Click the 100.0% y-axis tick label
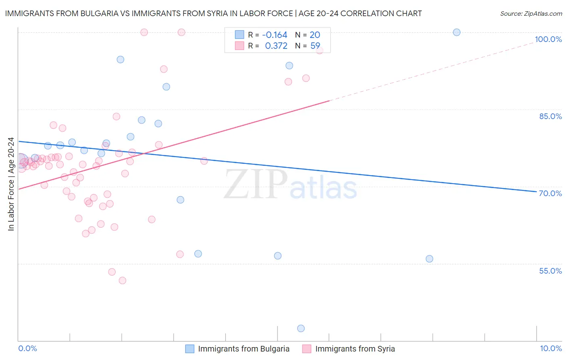tap(548, 39)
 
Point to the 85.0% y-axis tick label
tap(550, 116)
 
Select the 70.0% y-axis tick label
tap(550, 193)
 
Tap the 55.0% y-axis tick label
tap(550, 271)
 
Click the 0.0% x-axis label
tap(27, 348)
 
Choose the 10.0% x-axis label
tap(550, 348)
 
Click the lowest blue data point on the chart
tap(301, 329)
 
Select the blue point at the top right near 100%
tap(457, 32)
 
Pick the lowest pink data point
tap(123, 280)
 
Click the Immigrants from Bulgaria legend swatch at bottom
tap(190, 349)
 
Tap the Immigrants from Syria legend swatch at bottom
tap(307, 349)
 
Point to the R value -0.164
tap(275, 35)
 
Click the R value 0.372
tap(276, 46)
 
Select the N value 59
tap(315, 46)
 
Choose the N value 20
tap(315, 35)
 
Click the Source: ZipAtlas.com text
tap(531, 14)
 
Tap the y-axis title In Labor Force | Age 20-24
tap(11, 184)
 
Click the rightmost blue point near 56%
tap(429, 259)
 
